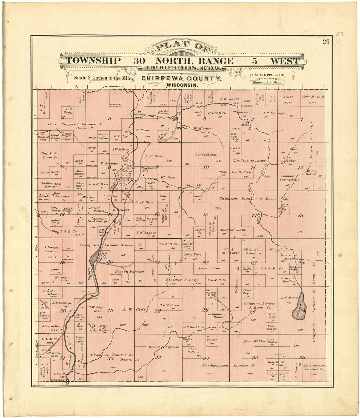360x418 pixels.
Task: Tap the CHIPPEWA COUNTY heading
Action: pos(181,79)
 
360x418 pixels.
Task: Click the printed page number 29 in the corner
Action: pos(326,42)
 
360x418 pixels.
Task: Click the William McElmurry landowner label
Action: pos(195,129)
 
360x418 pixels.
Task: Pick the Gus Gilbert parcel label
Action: pos(144,202)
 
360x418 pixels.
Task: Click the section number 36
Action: pos(302,357)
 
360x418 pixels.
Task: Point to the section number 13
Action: pos(300,215)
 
